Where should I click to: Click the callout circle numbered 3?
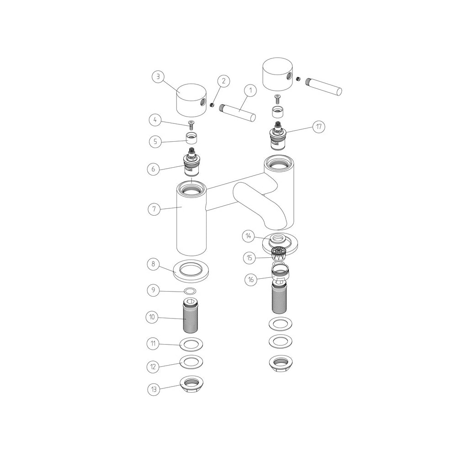point(158,77)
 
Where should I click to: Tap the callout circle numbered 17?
point(318,127)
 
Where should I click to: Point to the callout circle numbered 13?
point(154,390)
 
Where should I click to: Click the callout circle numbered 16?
point(251,280)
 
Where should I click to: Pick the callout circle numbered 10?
point(154,317)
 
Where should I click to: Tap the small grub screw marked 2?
point(213,105)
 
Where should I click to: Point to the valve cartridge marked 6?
point(191,164)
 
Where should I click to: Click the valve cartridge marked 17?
point(278,135)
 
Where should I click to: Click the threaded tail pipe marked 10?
point(191,315)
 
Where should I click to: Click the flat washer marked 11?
point(191,343)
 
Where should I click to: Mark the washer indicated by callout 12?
point(191,361)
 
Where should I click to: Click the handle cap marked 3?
point(192,101)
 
